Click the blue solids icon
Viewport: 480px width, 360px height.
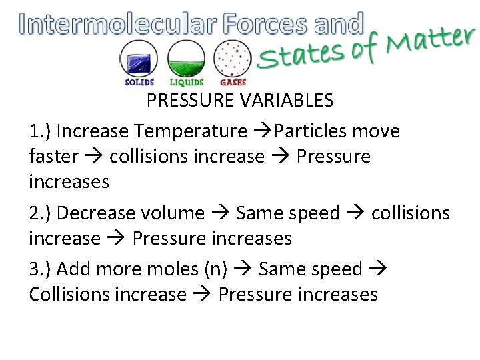139,59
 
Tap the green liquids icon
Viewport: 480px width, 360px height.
187,59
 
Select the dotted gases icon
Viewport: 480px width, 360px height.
232,59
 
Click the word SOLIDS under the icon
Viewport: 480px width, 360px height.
139,83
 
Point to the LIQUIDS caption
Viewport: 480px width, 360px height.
187,83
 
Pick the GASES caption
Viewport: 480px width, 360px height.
233,83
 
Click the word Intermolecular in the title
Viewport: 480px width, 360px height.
117,24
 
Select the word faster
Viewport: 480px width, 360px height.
53,157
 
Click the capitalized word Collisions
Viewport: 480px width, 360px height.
70,294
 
